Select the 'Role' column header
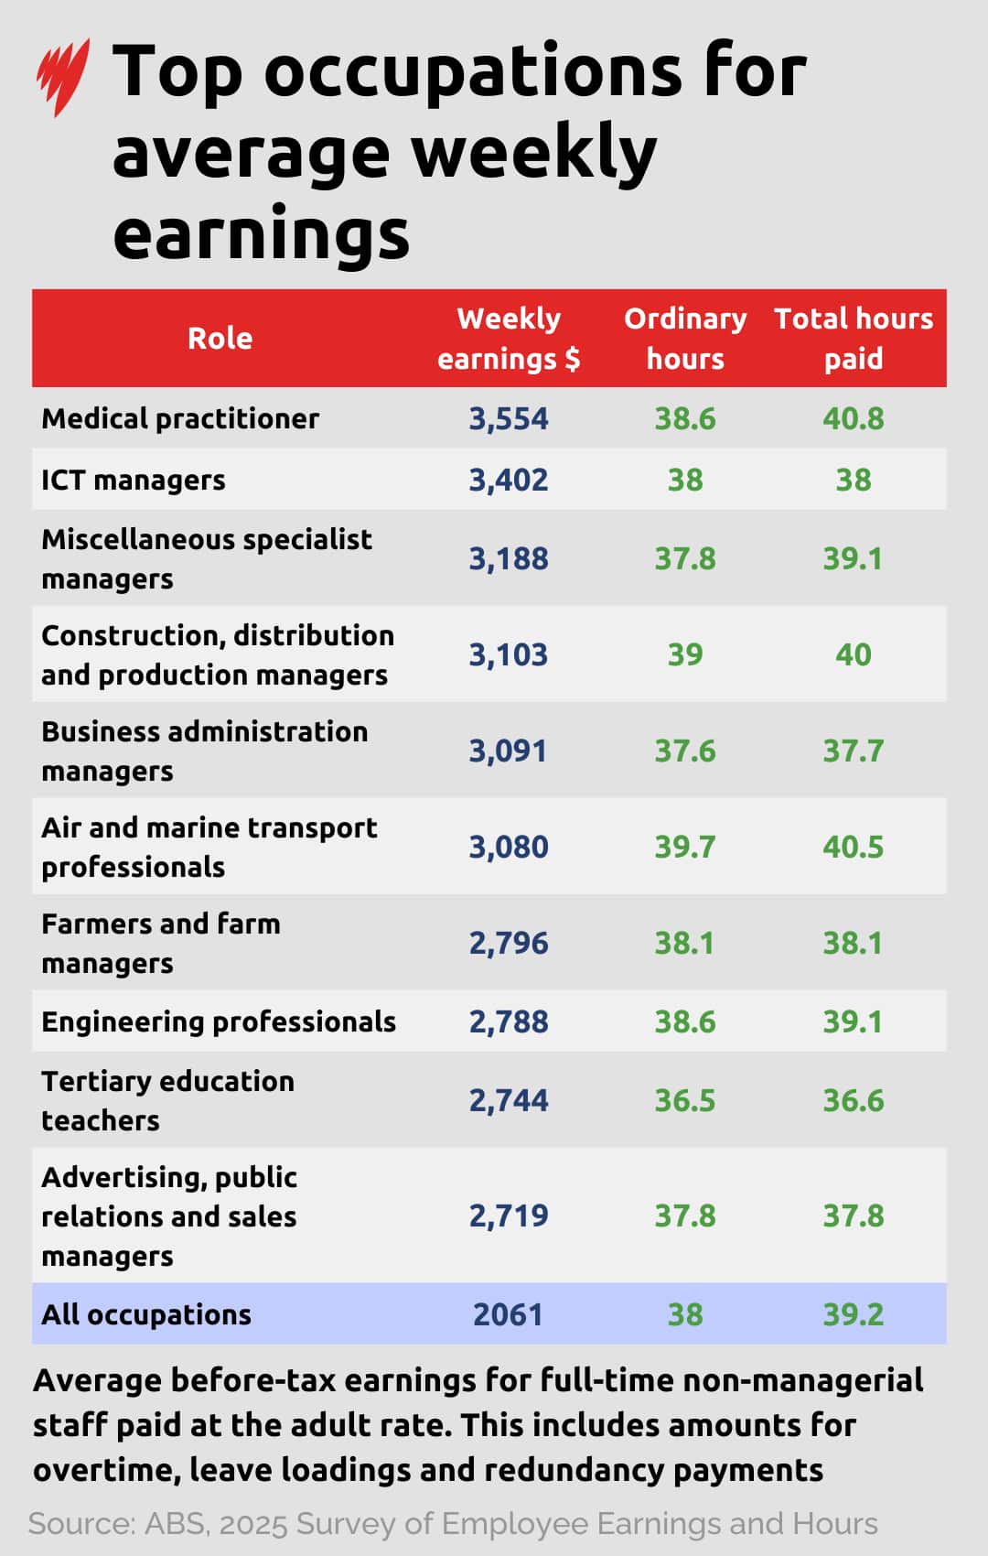[220, 339]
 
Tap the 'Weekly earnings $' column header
[509, 339]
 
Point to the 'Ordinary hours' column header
[685, 339]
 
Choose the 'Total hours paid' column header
[853, 339]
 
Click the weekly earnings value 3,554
[509, 418]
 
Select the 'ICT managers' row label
[134, 480]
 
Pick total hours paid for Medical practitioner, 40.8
[853, 418]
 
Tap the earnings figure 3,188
[509, 558]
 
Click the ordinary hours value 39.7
[685, 847]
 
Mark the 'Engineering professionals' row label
[219, 1021]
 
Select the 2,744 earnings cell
[509, 1100]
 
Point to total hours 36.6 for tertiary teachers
[853, 1100]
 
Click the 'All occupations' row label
[146, 1314]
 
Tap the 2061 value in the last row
[509, 1314]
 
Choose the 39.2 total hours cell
[853, 1314]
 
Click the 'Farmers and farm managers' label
[161, 943]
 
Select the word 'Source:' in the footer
[82, 1524]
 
